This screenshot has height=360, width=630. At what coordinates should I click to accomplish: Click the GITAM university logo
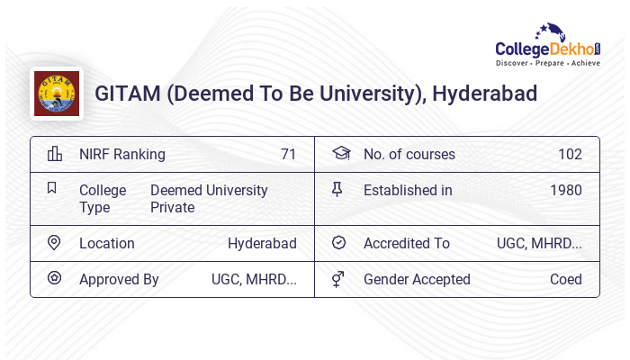56,94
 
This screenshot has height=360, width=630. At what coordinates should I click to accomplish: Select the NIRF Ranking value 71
288,154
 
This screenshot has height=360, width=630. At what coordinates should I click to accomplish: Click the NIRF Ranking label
122,154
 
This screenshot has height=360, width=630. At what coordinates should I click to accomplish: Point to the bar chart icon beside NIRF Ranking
54,154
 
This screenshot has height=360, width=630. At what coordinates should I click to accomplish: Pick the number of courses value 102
570,154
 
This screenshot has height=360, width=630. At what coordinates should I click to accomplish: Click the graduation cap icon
340,153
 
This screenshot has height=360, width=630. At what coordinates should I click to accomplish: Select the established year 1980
566,190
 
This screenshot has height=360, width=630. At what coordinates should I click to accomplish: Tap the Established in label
408,190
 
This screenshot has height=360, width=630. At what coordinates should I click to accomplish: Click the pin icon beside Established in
337,189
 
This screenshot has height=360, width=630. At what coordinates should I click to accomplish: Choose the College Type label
102,199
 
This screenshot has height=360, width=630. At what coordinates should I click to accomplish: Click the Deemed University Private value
209,199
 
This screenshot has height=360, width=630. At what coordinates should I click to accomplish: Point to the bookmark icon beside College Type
52,188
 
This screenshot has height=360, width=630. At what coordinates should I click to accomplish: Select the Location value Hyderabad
262,243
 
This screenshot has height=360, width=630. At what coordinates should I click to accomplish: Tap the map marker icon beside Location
53,243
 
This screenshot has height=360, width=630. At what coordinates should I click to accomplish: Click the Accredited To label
406,243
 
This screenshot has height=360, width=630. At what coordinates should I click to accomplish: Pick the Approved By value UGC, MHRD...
254,279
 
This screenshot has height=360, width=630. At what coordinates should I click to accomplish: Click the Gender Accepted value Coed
566,279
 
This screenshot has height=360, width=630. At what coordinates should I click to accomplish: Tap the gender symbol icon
338,279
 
